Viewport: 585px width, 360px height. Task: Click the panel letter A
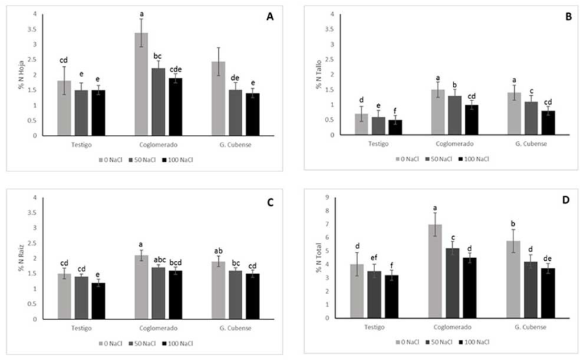click(x=270, y=18)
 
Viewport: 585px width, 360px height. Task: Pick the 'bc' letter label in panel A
click(x=158, y=56)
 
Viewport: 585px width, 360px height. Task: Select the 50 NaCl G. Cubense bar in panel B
click(x=531, y=118)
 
